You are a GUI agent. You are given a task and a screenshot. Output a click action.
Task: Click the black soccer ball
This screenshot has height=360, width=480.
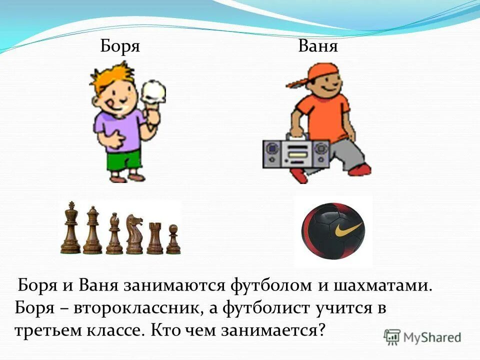pyautogui.click(x=333, y=230)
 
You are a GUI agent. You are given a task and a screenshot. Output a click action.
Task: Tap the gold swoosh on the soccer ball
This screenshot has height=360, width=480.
pyautogui.click(x=347, y=230)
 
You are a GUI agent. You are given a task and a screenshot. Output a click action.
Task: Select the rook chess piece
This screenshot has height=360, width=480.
pyautogui.click(x=154, y=237)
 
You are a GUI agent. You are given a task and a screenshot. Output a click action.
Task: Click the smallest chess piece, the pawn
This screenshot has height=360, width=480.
pyautogui.click(x=173, y=239)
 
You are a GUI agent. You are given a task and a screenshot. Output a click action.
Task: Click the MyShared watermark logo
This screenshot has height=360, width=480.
pyautogui.click(x=422, y=336)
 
